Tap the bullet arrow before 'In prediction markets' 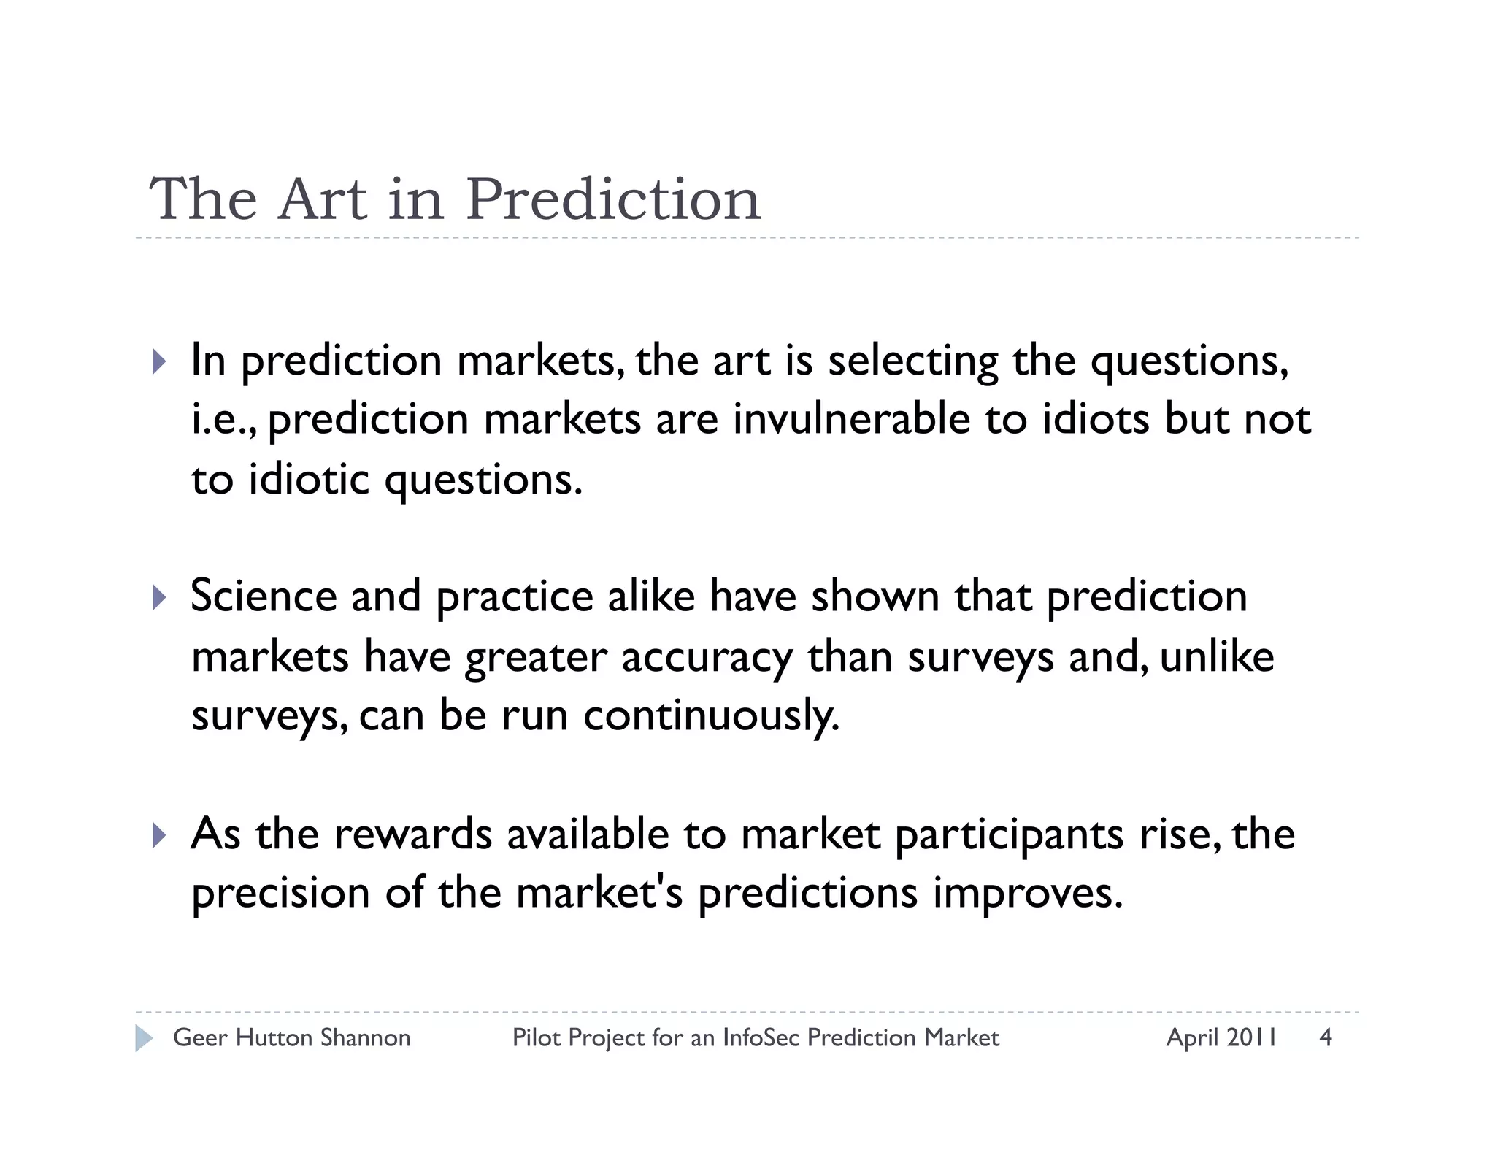[159, 361]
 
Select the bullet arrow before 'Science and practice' [159, 597]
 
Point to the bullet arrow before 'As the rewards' [159, 834]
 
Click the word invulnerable [851, 419]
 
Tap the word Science [264, 596]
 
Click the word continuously [711, 715]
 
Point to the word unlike [1217, 656]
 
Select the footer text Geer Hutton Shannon [291, 1037]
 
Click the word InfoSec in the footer [761, 1037]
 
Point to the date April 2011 [1221, 1037]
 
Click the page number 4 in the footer [1326, 1037]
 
